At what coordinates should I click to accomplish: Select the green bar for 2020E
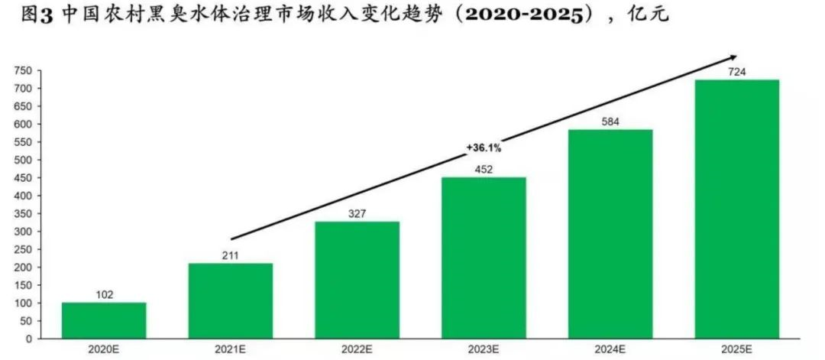coord(104,320)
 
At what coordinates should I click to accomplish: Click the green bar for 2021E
coord(231,300)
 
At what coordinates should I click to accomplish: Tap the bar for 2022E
coord(357,280)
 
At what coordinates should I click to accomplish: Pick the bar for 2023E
coord(484,258)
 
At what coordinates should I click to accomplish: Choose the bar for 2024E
coord(610,234)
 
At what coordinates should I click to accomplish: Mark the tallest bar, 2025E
coord(737,209)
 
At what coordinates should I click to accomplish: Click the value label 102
coord(104,294)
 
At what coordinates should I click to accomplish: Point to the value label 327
coord(357,212)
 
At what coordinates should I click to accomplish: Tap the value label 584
coord(610,121)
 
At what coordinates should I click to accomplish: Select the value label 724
coord(737,71)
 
